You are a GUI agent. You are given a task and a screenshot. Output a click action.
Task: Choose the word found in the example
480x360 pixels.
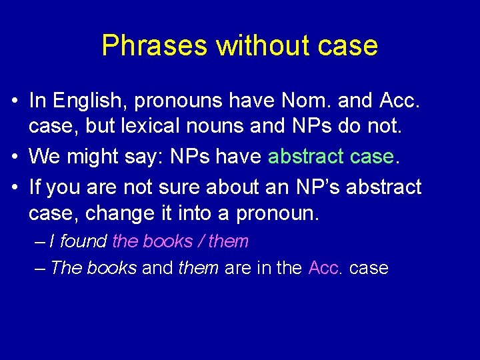tap(84, 241)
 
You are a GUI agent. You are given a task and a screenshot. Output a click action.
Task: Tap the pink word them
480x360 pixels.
tap(228, 241)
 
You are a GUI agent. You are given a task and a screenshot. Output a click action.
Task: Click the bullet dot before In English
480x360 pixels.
tap(15, 101)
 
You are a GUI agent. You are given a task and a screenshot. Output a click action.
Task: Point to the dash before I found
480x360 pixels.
tap(39, 241)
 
